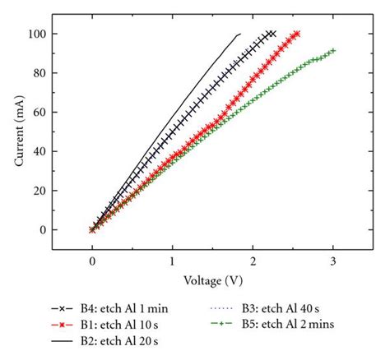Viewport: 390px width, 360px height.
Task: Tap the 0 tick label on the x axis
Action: [x=92, y=261]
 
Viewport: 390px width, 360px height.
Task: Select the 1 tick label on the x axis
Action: [x=172, y=261]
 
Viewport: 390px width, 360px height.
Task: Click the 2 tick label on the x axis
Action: [x=253, y=261]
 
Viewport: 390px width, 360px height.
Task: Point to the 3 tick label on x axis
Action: [x=332, y=261]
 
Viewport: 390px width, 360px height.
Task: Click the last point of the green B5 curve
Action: [x=332, y=51]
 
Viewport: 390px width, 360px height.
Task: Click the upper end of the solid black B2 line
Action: [x=240, y=34]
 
